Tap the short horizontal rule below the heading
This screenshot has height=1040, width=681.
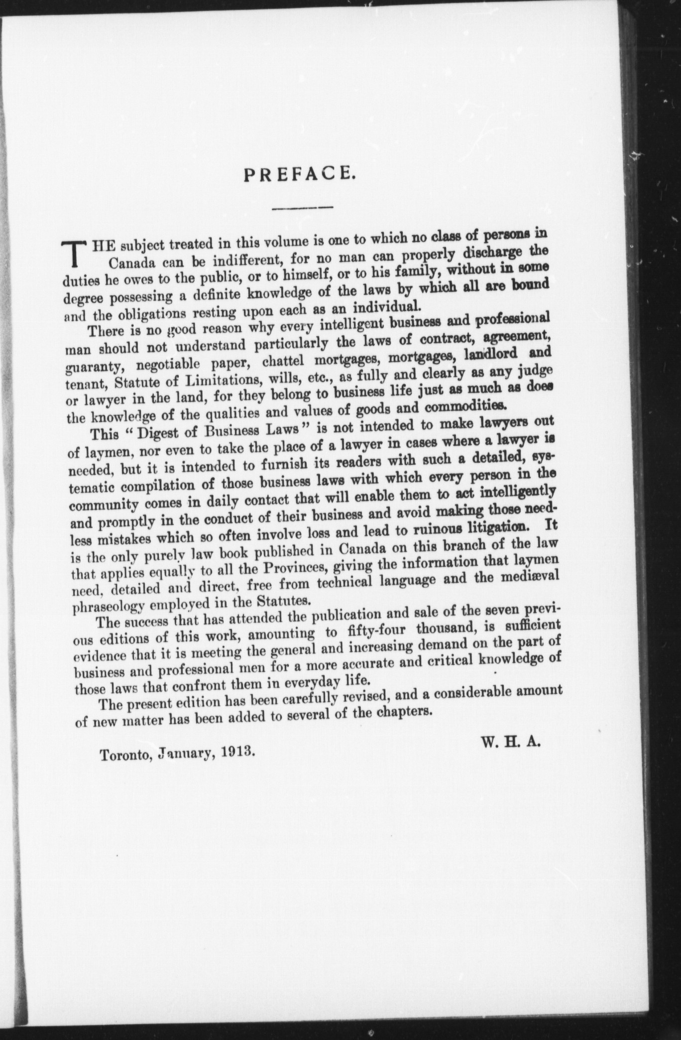pyautogui.click(x=303, y=207)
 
